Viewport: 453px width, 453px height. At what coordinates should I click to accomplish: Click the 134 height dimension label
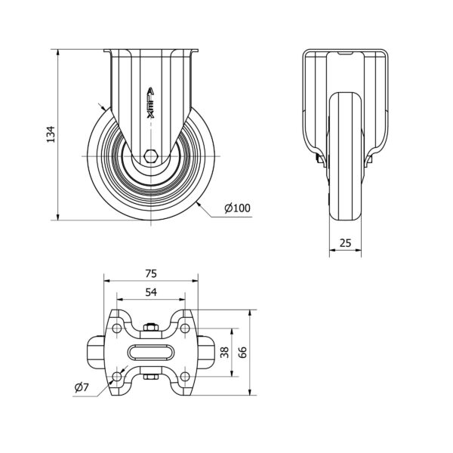[51, 134]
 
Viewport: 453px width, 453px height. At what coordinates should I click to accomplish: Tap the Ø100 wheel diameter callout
[238, 208]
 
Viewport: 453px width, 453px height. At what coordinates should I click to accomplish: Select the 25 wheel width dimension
[345, 243]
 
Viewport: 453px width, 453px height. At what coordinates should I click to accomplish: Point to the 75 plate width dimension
[151, 273]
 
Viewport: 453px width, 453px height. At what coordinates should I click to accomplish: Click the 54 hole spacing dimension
[151, 292]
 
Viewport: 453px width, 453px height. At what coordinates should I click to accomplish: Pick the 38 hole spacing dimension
[225, 352]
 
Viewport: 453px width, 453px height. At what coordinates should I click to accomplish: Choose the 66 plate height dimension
[243, 352]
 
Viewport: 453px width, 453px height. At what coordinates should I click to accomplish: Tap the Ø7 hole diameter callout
[82, 387]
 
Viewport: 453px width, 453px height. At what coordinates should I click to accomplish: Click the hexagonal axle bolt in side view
[151, 156]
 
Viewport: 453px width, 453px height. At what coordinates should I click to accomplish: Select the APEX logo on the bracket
[151, 103]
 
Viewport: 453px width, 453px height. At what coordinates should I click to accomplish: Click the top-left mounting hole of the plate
[117, 328]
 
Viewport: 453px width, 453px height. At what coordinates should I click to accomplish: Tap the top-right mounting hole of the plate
[185, 328]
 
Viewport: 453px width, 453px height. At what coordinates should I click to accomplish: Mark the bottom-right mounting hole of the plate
[185, 376]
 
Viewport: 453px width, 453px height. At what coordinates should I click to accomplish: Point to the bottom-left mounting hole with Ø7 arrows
[117, 376]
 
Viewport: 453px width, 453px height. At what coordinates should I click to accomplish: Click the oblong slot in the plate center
[151, 352]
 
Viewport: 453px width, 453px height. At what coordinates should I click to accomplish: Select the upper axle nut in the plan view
[151, 328]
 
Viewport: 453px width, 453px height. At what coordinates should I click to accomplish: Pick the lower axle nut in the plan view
[151, 377]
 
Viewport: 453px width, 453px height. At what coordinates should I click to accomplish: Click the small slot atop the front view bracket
[346, 53]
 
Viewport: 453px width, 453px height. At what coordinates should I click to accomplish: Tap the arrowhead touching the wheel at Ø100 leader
[199, 204]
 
